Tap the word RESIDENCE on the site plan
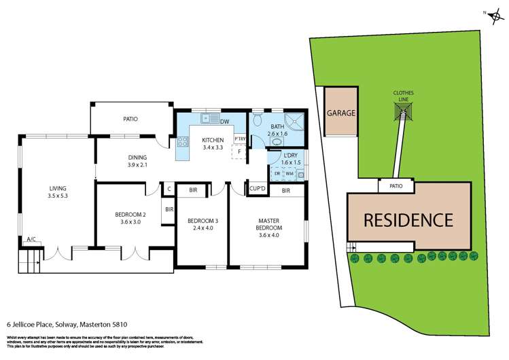click(409, 220)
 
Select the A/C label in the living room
click(31, 240)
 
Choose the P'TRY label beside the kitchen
click(239, 139)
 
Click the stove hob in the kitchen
click(182, 143)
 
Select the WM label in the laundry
click(289, 174)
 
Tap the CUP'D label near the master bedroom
click(258, 188)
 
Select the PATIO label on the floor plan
click(130, 119)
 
